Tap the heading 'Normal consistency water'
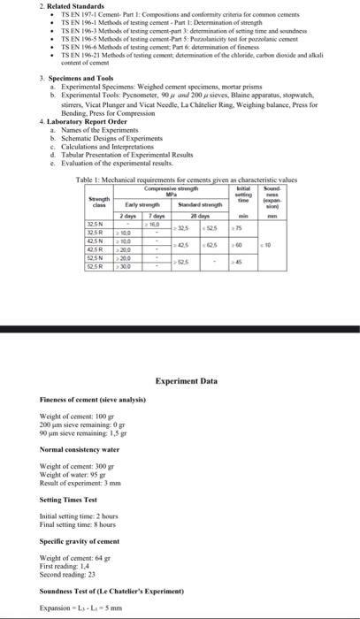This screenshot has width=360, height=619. [x=80, y=449]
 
